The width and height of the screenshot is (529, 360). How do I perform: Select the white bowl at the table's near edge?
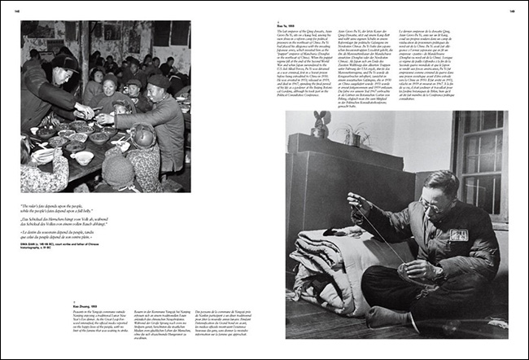(82, 157)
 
